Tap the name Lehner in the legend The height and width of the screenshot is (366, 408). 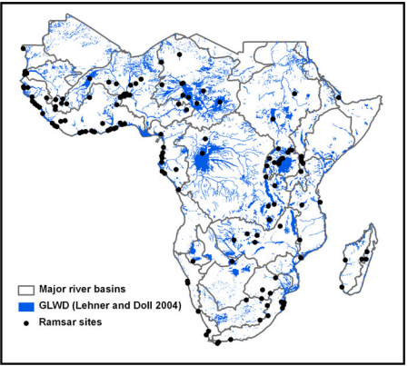click(100, 306)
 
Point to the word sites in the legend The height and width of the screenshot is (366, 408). click(95, 322)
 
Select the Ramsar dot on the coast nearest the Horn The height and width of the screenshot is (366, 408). click(338, 95)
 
